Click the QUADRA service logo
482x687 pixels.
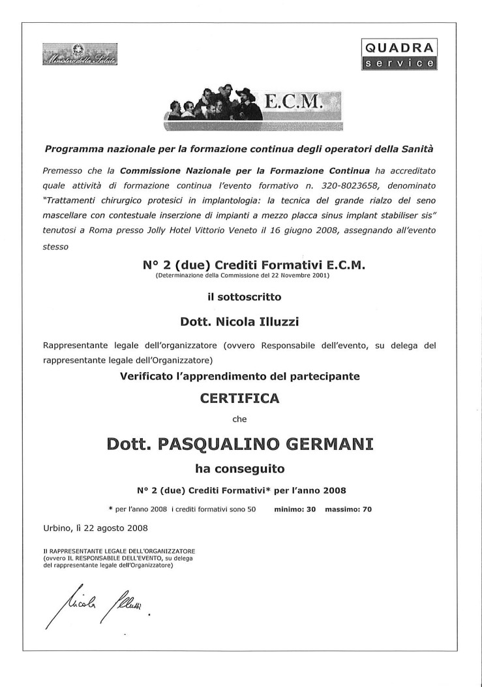tap(399, 54)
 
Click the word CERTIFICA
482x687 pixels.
tap(241, 398)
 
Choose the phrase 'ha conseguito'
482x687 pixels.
tap(239, 468)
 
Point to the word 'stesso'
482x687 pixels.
tap(57, 248)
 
